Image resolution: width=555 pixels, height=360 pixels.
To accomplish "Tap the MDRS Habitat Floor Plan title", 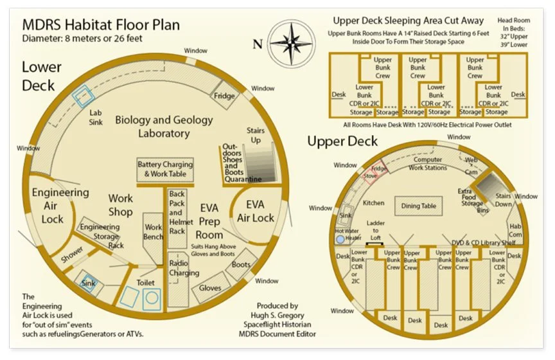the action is [101, 25].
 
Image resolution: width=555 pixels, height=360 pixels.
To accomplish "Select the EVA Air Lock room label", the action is [256, 212].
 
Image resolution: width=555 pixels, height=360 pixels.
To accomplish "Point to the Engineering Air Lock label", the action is [60, 206].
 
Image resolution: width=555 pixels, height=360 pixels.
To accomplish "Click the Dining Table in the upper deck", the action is [419, 206].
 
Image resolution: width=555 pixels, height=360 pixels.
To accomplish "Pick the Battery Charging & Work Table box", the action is [164, 169].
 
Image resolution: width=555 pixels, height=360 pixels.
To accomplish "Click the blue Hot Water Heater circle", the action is [340, 239].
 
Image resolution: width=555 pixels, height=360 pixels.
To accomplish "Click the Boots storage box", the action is [241, 265].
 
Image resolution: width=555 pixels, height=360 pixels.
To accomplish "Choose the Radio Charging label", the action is [183, 268].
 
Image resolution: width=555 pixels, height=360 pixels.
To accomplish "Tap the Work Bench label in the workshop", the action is [154, 231].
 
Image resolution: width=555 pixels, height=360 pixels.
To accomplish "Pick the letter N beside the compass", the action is [258, 44].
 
